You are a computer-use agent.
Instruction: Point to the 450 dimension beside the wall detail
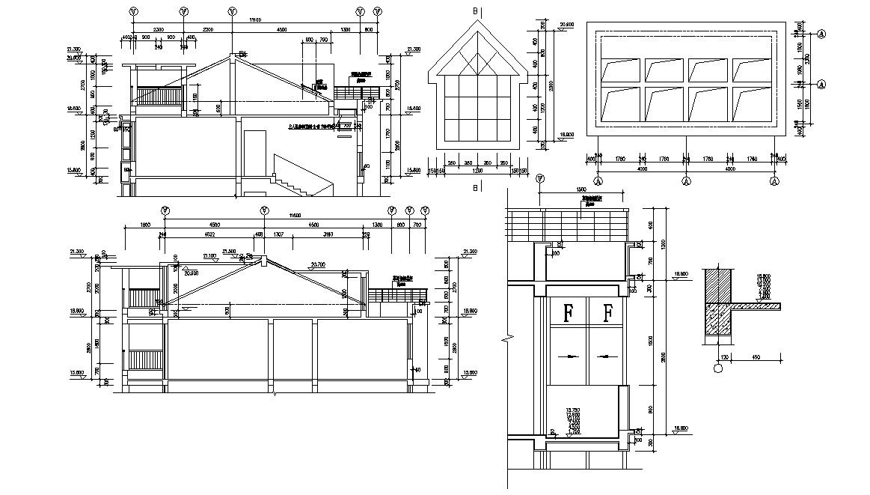[x=755, y=357]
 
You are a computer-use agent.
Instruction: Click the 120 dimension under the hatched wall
[x=725, y=357]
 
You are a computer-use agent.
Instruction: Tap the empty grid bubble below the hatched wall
[x=718, y=368]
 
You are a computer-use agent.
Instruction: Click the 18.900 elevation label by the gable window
[x=566, y=136]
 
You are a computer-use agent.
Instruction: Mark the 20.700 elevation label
[x=316, y=264]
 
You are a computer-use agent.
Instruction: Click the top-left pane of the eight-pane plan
[x=620, y=70]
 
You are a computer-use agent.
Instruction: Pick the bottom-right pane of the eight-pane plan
[x=752, y=103]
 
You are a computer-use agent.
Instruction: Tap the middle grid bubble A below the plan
[x=687, y=180]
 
